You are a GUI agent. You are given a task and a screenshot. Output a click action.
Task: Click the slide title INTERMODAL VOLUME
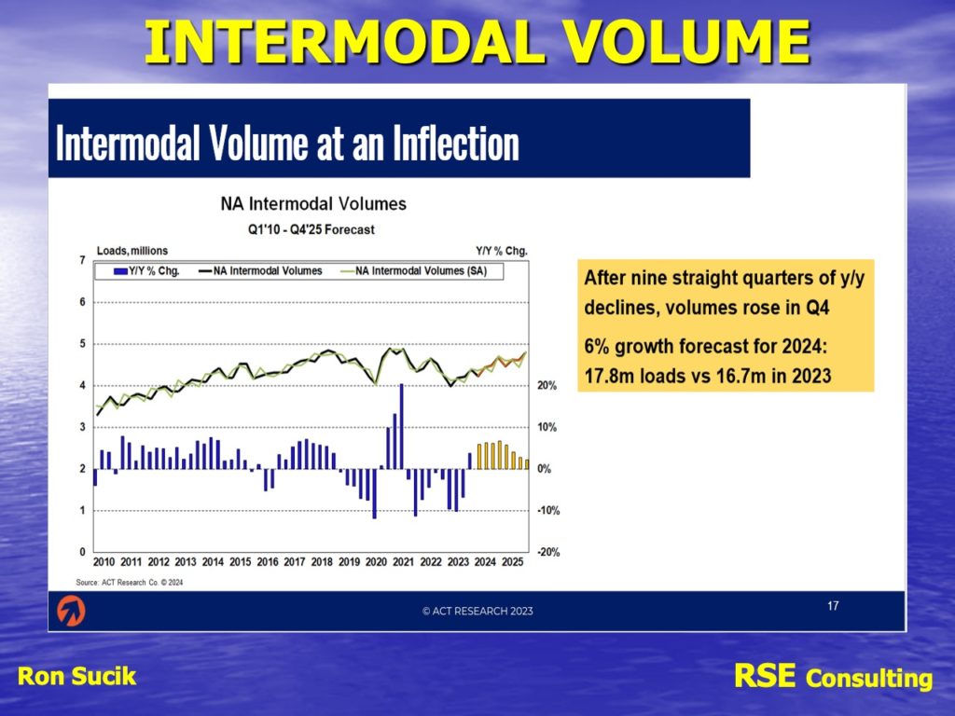tap(477, 42)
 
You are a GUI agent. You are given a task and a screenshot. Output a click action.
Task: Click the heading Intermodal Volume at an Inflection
tap(287, 144)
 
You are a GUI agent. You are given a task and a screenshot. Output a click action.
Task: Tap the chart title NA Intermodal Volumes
tap(313, 203)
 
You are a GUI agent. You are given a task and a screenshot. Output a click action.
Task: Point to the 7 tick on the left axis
tap(83, 260)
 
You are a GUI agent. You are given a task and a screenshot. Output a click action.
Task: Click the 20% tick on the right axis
tap(546, 386)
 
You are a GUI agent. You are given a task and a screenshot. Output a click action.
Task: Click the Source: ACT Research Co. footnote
tap(128, 582)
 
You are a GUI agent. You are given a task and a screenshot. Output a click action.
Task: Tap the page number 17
tap(833, 606)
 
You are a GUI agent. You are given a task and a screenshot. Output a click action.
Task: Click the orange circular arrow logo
tap(71, 611)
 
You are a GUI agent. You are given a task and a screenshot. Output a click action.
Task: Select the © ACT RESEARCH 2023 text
tap(477, 612)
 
